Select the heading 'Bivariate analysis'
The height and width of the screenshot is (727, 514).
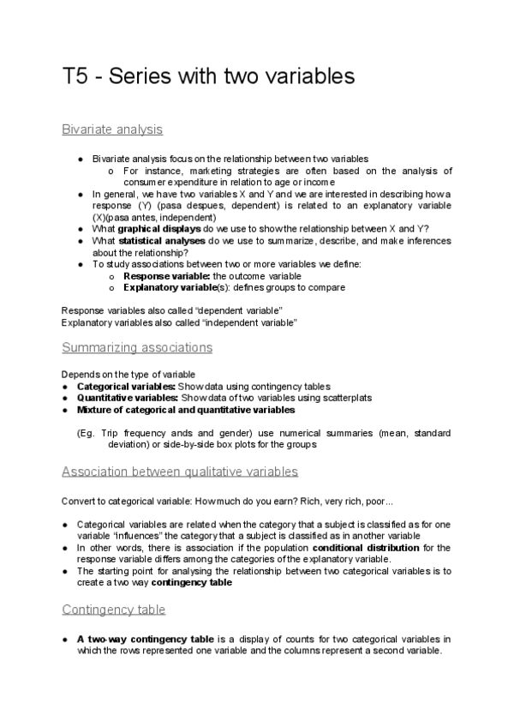[x=112, y=130]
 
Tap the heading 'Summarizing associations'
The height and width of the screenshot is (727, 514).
[x=137, y=347]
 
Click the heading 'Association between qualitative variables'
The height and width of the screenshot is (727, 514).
[x=180, y=471]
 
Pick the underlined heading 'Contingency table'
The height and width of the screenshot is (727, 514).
[x=114, y=610]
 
